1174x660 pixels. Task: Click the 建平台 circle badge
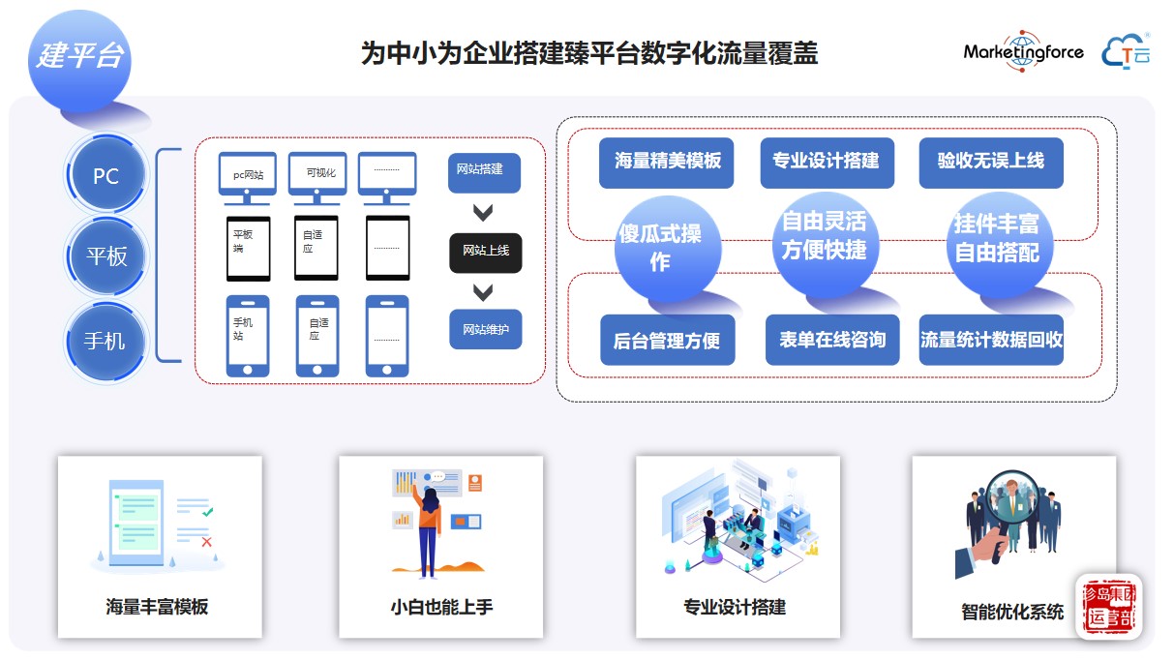click(x=79, y=57)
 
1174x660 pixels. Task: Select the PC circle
click(x=105, y=176)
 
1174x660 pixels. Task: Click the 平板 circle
click(x=105, y=256)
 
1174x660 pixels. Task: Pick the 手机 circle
click(x=105, y=341)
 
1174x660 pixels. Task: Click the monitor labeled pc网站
click(x=247, y=175)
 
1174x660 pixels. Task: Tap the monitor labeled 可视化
click(x=317, y=175)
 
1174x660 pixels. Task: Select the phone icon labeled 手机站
click(x=247, y=334)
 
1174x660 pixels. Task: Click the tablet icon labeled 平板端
click(x=247, y=248)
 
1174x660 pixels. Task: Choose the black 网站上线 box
click(x=485, y=252)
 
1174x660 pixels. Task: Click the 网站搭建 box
click(x=484, y=171)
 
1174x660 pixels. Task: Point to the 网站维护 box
click(x=485, y=329)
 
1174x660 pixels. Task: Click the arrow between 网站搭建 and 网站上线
click(x=483, y=213)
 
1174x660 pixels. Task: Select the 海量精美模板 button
click(x=667, y=162)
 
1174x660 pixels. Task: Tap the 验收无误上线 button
click(x=990, y=162)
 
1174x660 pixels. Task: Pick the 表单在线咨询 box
click(x=831, y=340)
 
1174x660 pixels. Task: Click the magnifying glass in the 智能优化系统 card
click(x=1009, y=502)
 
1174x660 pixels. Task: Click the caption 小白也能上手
click(x=441, y=608)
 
